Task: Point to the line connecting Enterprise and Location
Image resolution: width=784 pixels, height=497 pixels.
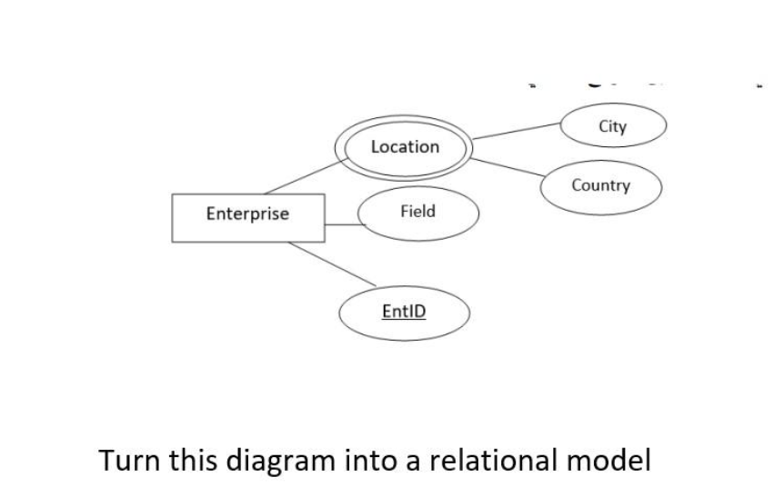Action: [x=300, y=176]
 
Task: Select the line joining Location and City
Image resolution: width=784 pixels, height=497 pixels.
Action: [x=515, y=134]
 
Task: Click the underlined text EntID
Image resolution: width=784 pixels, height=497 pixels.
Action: [x=404, y=312]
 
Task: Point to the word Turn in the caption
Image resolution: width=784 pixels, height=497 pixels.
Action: [x=131, y=460]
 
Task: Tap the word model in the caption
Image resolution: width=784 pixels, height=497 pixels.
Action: [x=609, y=460]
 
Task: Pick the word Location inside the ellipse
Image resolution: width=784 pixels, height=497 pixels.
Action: [x=405, y=146]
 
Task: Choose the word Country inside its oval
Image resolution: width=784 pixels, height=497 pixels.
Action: [x=600, y=185]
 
